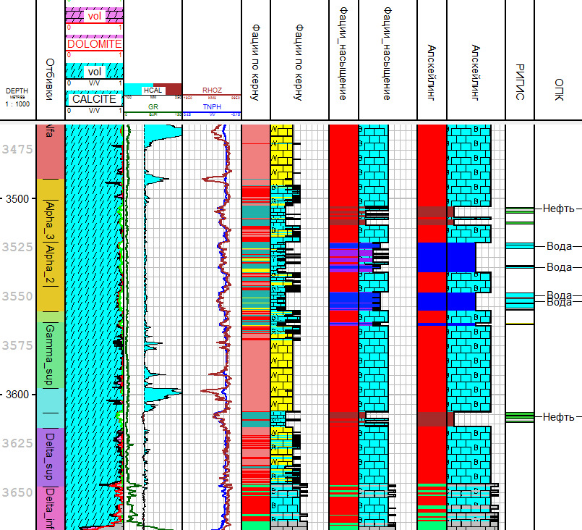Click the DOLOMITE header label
tap(94, 44)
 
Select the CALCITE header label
tap(94, 98)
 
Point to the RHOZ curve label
tap(211, 91)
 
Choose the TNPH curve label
tap(211, 106)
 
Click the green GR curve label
tap(153, 106)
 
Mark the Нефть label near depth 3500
tap(558, 209)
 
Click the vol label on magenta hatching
tap(93, 16)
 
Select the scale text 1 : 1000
tap(17, 104)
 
